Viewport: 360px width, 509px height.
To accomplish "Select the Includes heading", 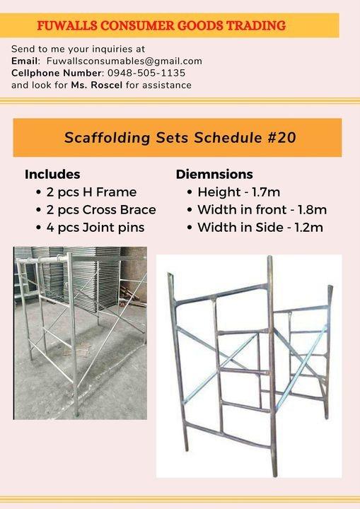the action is [52, 175].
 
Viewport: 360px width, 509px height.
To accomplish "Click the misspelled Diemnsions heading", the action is [214, 175].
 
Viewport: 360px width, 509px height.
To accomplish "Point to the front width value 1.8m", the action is [310, 210].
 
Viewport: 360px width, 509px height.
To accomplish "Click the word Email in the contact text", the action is [24, 62].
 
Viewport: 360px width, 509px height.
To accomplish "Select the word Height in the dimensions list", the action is [217, 192].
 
